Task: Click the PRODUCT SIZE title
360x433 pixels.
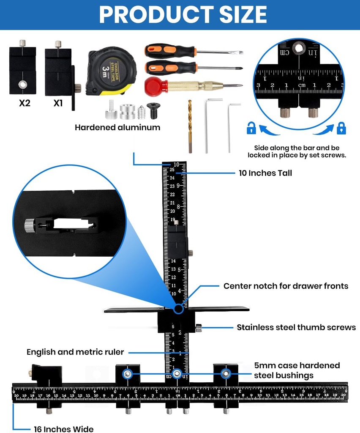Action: pyautogui.click(x=183, y=14)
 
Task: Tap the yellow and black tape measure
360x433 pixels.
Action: pyautogui.click(x=111, y=71)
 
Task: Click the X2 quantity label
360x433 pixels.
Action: pyautogui.click(x=25, y=103)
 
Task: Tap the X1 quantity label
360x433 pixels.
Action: pyautogui.click(x=58, y=103)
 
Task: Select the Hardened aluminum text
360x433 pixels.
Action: pyautogui.click(x=117, y=127)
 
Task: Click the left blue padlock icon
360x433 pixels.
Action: pyautogui.click(x=251, y=128)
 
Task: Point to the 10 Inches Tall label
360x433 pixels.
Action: pyautogui.click(x=265, y=173)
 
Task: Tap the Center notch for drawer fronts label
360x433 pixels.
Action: pyautogui.click(x=286, y=286)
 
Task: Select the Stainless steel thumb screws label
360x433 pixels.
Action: pyautogui.click(x=296, y=327)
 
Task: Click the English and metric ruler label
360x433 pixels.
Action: pyautogui.click(x=75, y=352)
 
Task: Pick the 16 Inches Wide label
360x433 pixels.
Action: pyautogui.click(x=64, y=429)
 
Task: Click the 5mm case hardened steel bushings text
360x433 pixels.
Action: pyautogui.click(x=297, y=370)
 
